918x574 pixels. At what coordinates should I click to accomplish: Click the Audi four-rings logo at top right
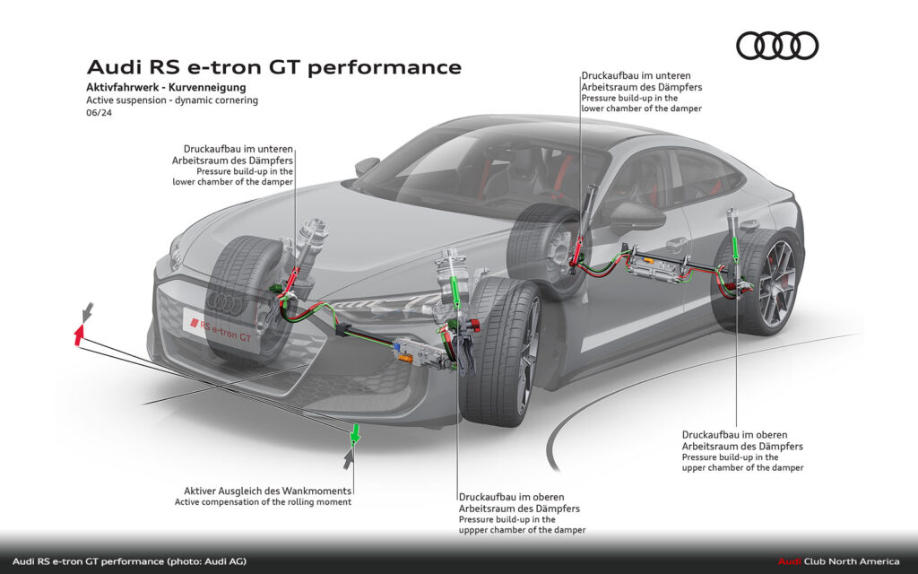(776, 45)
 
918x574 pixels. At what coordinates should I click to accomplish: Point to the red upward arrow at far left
(79, 335)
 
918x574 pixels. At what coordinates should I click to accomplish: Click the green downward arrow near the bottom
(355, 433)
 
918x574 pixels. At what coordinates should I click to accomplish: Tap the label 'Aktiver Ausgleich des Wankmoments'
(267, 491)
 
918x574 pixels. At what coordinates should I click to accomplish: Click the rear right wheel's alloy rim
(777, 282)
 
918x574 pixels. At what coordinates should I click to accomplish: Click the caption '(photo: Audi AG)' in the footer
(205, 561)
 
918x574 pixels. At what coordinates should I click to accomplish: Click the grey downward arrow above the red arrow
(87, 311)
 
